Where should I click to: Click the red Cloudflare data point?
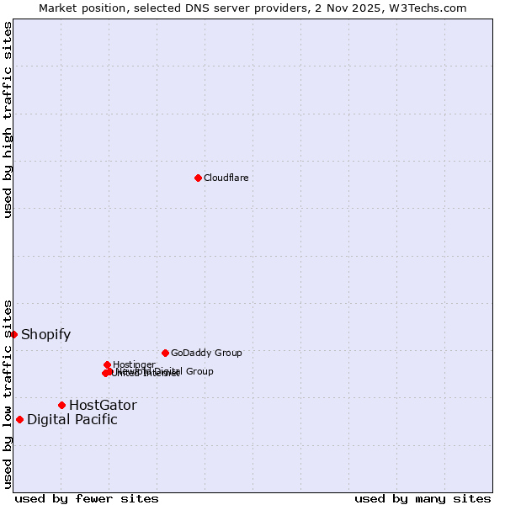[198, 178]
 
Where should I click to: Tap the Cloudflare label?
[226, 178]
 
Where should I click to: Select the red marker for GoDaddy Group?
[165, 353]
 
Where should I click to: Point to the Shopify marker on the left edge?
[13, 334]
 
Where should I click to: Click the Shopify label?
[45, 335]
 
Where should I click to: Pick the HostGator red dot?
[61, 405]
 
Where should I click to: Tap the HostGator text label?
[103, 406]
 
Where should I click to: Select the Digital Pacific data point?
[19, 419]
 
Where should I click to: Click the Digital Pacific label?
[72, 420]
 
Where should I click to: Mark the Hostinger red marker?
[107, 364]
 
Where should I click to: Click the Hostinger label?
[134, 364]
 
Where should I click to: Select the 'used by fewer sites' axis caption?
[86, 498]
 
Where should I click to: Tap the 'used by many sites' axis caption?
[423, 498]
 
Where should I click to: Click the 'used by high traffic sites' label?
[8, 120]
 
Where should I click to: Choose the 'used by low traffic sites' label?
[8, 393]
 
